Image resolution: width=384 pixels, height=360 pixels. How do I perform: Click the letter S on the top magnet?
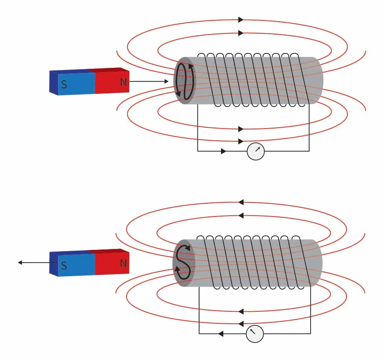tap(64, 84)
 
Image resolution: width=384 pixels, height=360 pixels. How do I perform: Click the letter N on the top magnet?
tap(124, 82)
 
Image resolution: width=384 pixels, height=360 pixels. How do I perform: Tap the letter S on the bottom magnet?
tap(64, 266)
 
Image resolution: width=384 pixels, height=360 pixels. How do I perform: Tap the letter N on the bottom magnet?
tap(124, 263)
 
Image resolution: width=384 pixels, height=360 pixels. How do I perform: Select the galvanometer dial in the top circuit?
tap(256, 151)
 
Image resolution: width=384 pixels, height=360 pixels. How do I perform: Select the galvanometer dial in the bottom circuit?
tap(255, 334)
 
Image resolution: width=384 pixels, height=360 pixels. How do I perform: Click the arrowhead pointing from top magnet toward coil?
tap(166, 81)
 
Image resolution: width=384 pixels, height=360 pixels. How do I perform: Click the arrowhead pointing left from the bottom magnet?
tap(20, 263)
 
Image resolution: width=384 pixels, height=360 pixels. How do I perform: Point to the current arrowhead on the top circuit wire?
tap(224, 151)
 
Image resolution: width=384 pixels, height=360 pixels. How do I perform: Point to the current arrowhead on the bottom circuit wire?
tap(221, 334)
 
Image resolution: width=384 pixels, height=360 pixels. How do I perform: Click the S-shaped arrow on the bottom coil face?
tap(183, 262)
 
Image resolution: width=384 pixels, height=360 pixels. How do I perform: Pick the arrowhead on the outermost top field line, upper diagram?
tap(241, 19)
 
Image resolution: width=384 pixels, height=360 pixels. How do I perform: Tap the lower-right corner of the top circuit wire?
tap(309, 151)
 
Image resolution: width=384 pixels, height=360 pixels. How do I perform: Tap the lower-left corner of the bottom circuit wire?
tap(199, 334)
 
